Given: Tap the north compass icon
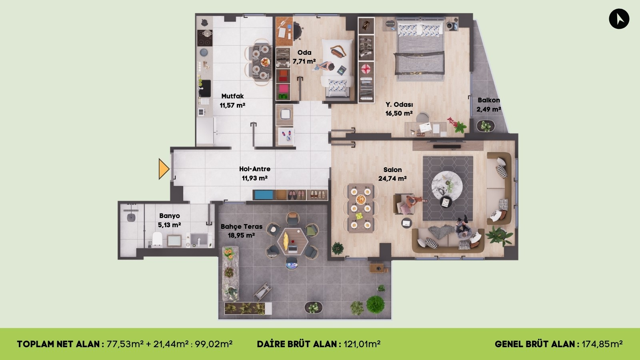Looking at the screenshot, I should pos(619,19).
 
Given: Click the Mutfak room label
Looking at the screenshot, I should pos(232,96).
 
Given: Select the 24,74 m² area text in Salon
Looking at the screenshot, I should pos(392,179).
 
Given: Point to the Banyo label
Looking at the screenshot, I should pos(169,216).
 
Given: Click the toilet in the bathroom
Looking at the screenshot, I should pos(157,239).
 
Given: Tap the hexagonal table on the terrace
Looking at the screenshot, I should pos(292,241).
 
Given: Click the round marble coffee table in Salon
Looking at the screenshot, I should pos(447,186).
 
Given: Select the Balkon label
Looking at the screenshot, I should pos(488,100).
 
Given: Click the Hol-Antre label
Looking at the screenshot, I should pos(255,169).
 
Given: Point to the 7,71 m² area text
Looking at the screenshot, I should pos(304,61).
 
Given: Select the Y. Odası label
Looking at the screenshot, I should pos(399,104).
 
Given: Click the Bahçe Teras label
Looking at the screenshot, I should pos(242,226).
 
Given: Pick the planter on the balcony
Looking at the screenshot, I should pos(486,126).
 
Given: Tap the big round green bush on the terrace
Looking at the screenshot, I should pos(375,304).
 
